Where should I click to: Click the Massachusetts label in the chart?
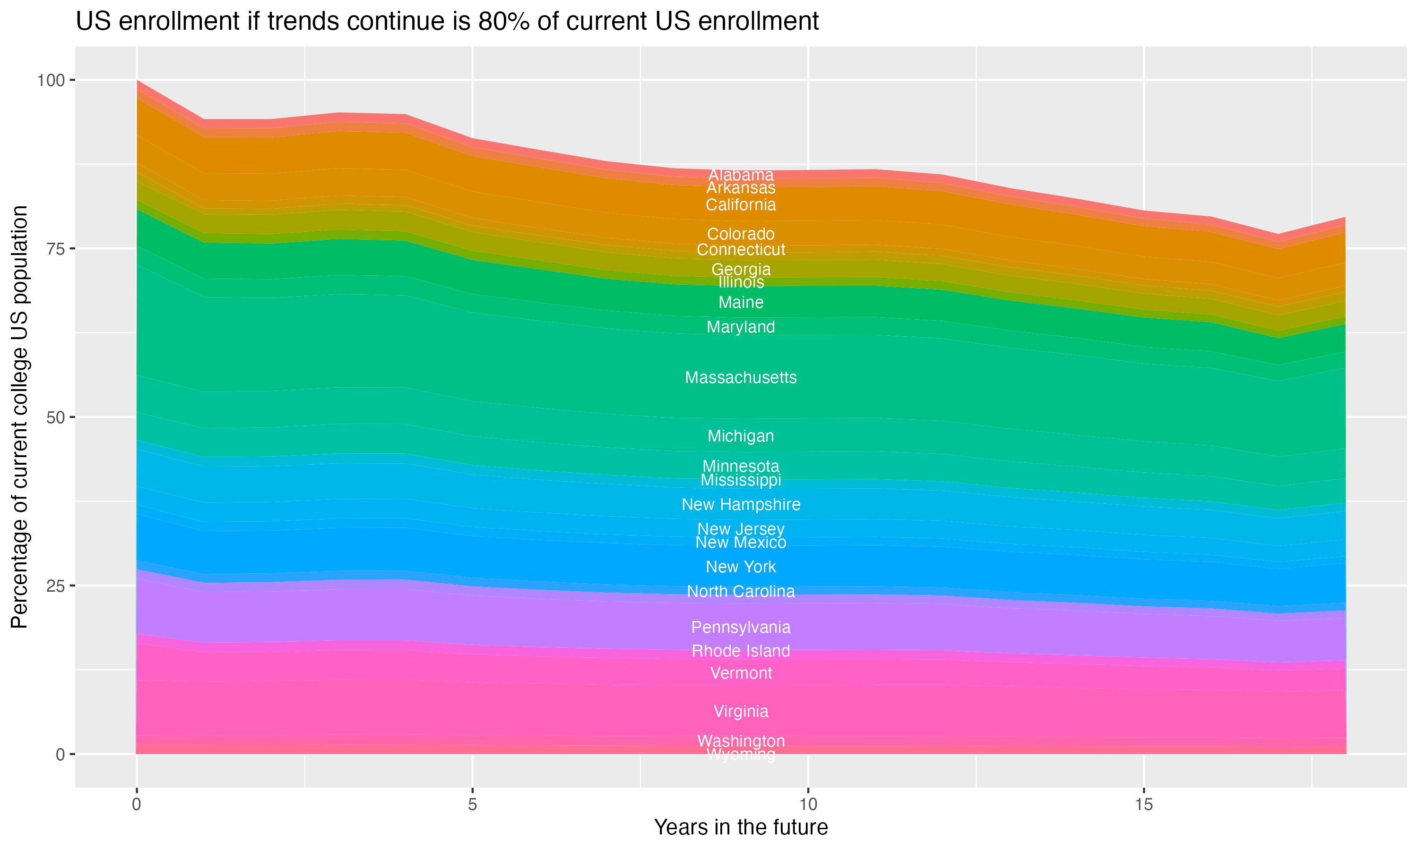pyautogui.click(x=741, y=377)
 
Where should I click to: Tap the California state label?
pyautogui.click(x=741, y=204)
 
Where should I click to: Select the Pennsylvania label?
pyautogui.click(x=741, y=627)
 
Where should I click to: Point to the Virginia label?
pyautogui.click(x=741, y=711)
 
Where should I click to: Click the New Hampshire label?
pyautogui.click(x=741, y=505)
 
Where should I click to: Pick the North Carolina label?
pyautogui.click(x=741, y=591)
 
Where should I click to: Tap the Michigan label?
pyautogui.click(x=741, y=436)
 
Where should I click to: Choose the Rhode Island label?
pyautogui.click(x=741, y=651)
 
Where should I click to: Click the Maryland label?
pyautogui.click(x=741, y=327)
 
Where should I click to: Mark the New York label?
pyautogui.click(x=741, y=567)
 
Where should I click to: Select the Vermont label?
pyautogui.click(x=741, y=673)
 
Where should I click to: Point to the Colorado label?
pyautogui.click(x=741, y=234)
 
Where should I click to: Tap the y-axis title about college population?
pyautogui.click(x=19, y=417)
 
